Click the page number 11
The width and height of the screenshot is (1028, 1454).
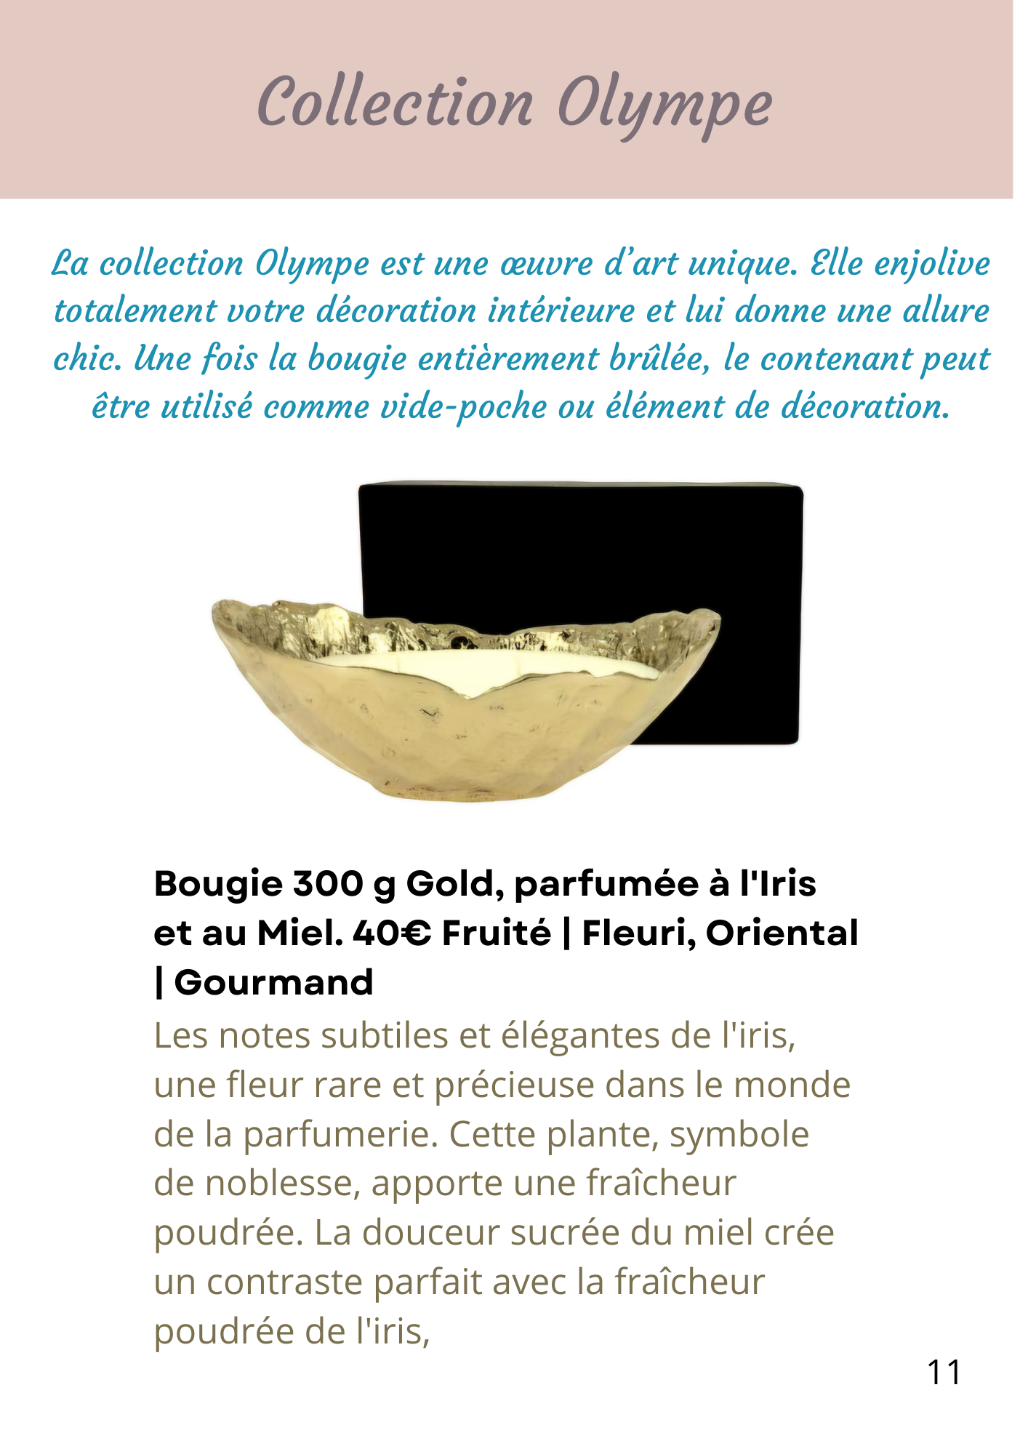944,1373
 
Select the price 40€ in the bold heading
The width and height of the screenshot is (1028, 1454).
391,933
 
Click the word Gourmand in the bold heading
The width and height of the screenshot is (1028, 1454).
273,983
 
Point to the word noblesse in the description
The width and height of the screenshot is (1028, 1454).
283,1184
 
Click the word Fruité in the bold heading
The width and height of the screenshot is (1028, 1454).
497,933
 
